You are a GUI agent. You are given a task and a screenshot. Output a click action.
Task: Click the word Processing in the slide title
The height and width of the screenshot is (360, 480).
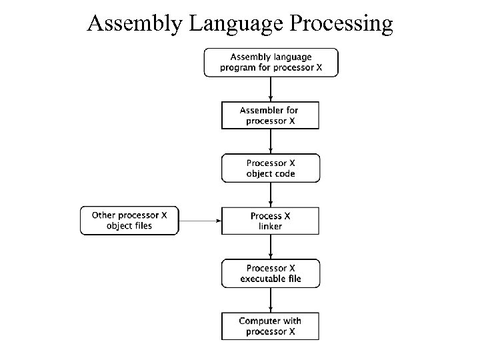click(x=341, y=24)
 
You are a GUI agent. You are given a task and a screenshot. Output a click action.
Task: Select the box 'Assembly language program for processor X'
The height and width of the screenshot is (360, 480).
click(x=271, y=62)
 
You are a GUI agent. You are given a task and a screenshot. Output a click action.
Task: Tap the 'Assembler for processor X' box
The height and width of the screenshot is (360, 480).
click(x=271, y=115)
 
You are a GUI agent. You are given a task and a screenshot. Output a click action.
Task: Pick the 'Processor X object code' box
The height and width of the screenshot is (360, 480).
click(x=271, y=168)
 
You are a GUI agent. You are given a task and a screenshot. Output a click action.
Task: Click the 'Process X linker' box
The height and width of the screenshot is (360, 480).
click(x=271, y=221)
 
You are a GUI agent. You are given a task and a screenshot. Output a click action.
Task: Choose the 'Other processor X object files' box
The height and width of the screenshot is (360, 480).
click(x=130, y=221)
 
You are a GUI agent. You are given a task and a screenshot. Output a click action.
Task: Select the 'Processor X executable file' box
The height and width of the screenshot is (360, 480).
click(x=271, y=273)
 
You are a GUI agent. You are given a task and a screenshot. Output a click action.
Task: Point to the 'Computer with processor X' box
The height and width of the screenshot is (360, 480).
click(x=271, y=326)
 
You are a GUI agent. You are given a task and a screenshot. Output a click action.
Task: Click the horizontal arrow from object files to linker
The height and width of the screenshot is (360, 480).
click(x=200, y=221)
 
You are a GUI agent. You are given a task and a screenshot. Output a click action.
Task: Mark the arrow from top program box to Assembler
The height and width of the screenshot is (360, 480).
click(x=271, y=88)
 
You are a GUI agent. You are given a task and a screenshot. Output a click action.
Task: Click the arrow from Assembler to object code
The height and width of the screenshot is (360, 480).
click(x=271, y=141)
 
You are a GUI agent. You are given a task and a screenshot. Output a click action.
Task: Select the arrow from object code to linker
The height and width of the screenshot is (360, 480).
click(x=271, y=194)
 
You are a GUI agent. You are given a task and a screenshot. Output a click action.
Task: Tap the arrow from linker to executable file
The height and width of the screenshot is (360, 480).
click(x=271, y=247)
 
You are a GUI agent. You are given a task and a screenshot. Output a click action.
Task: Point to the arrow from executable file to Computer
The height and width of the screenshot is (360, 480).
click(x=271, y=300)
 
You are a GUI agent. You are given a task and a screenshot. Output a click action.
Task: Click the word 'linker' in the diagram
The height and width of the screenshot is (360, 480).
click(x=271, y=227)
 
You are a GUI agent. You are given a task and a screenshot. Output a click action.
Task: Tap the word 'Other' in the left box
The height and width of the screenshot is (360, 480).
click(x=104, y=215)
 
